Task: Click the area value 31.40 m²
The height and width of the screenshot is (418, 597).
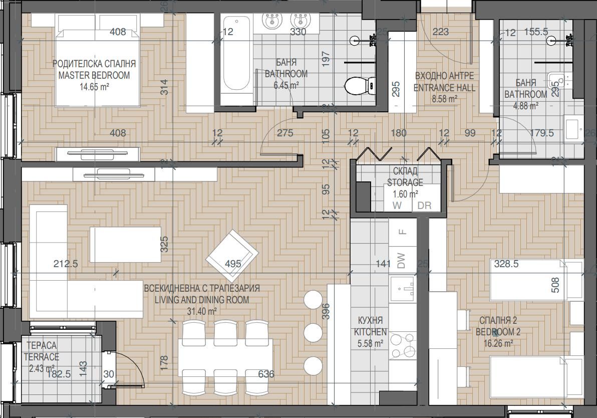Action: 201,311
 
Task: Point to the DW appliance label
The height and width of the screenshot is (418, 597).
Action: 401,261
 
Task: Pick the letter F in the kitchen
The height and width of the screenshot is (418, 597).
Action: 401,232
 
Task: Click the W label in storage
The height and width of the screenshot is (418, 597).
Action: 397,205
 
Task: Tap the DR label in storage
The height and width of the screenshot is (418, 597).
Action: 424,205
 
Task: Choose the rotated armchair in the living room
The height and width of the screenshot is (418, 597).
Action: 231,256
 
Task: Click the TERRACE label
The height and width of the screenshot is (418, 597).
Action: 42,357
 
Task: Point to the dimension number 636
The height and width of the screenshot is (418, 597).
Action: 266,374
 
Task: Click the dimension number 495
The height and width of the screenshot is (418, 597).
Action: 233,264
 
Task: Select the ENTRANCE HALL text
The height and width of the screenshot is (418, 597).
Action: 444,88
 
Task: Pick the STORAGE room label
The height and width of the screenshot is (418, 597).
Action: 405,182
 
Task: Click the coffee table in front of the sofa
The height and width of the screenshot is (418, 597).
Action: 126,245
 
